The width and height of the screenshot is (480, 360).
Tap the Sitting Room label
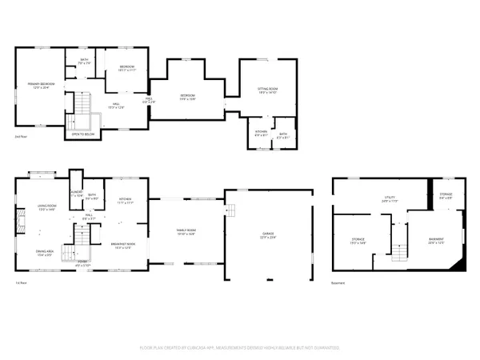(x=266, y=90)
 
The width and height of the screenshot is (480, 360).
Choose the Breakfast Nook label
(x=123, y=246)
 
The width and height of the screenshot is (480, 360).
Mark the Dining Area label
(x=44, y=254)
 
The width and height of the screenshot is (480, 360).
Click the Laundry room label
(x=76, y=194)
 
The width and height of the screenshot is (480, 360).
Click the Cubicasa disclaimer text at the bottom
(x=240, y=348)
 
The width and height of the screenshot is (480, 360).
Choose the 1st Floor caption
(x=21, y=284)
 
